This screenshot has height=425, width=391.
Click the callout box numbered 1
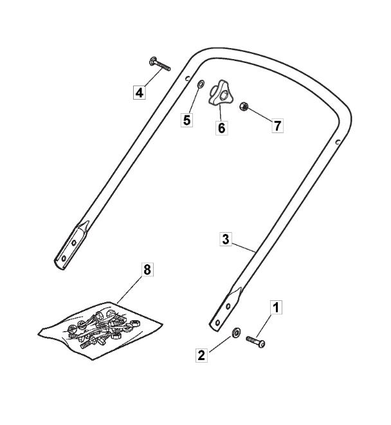[275, 307]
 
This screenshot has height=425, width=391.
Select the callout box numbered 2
[202, 354]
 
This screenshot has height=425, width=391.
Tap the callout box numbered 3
[225, 239]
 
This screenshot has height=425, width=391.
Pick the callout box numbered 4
[140, 92]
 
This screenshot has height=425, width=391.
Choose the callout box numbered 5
[186, 120]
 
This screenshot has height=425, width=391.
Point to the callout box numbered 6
[221, 127]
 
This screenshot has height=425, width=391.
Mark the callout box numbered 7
[277, 125]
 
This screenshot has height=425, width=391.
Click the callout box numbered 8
[147, 270]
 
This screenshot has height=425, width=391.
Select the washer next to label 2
[237, 332]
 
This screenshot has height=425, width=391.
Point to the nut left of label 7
[244, 105]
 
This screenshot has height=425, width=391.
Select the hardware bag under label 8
[100, 326]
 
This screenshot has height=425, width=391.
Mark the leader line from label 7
[260, 115]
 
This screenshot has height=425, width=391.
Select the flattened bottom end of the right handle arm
[225, 311]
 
